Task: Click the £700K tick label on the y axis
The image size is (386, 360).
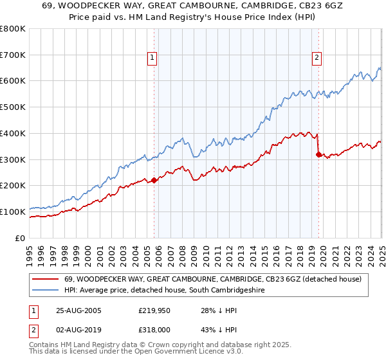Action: coord(13,55)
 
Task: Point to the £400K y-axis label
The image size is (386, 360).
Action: coord(13,133)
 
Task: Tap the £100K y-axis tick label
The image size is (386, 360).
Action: coord(13,212)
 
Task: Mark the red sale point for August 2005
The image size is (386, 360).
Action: coord(154,181)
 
